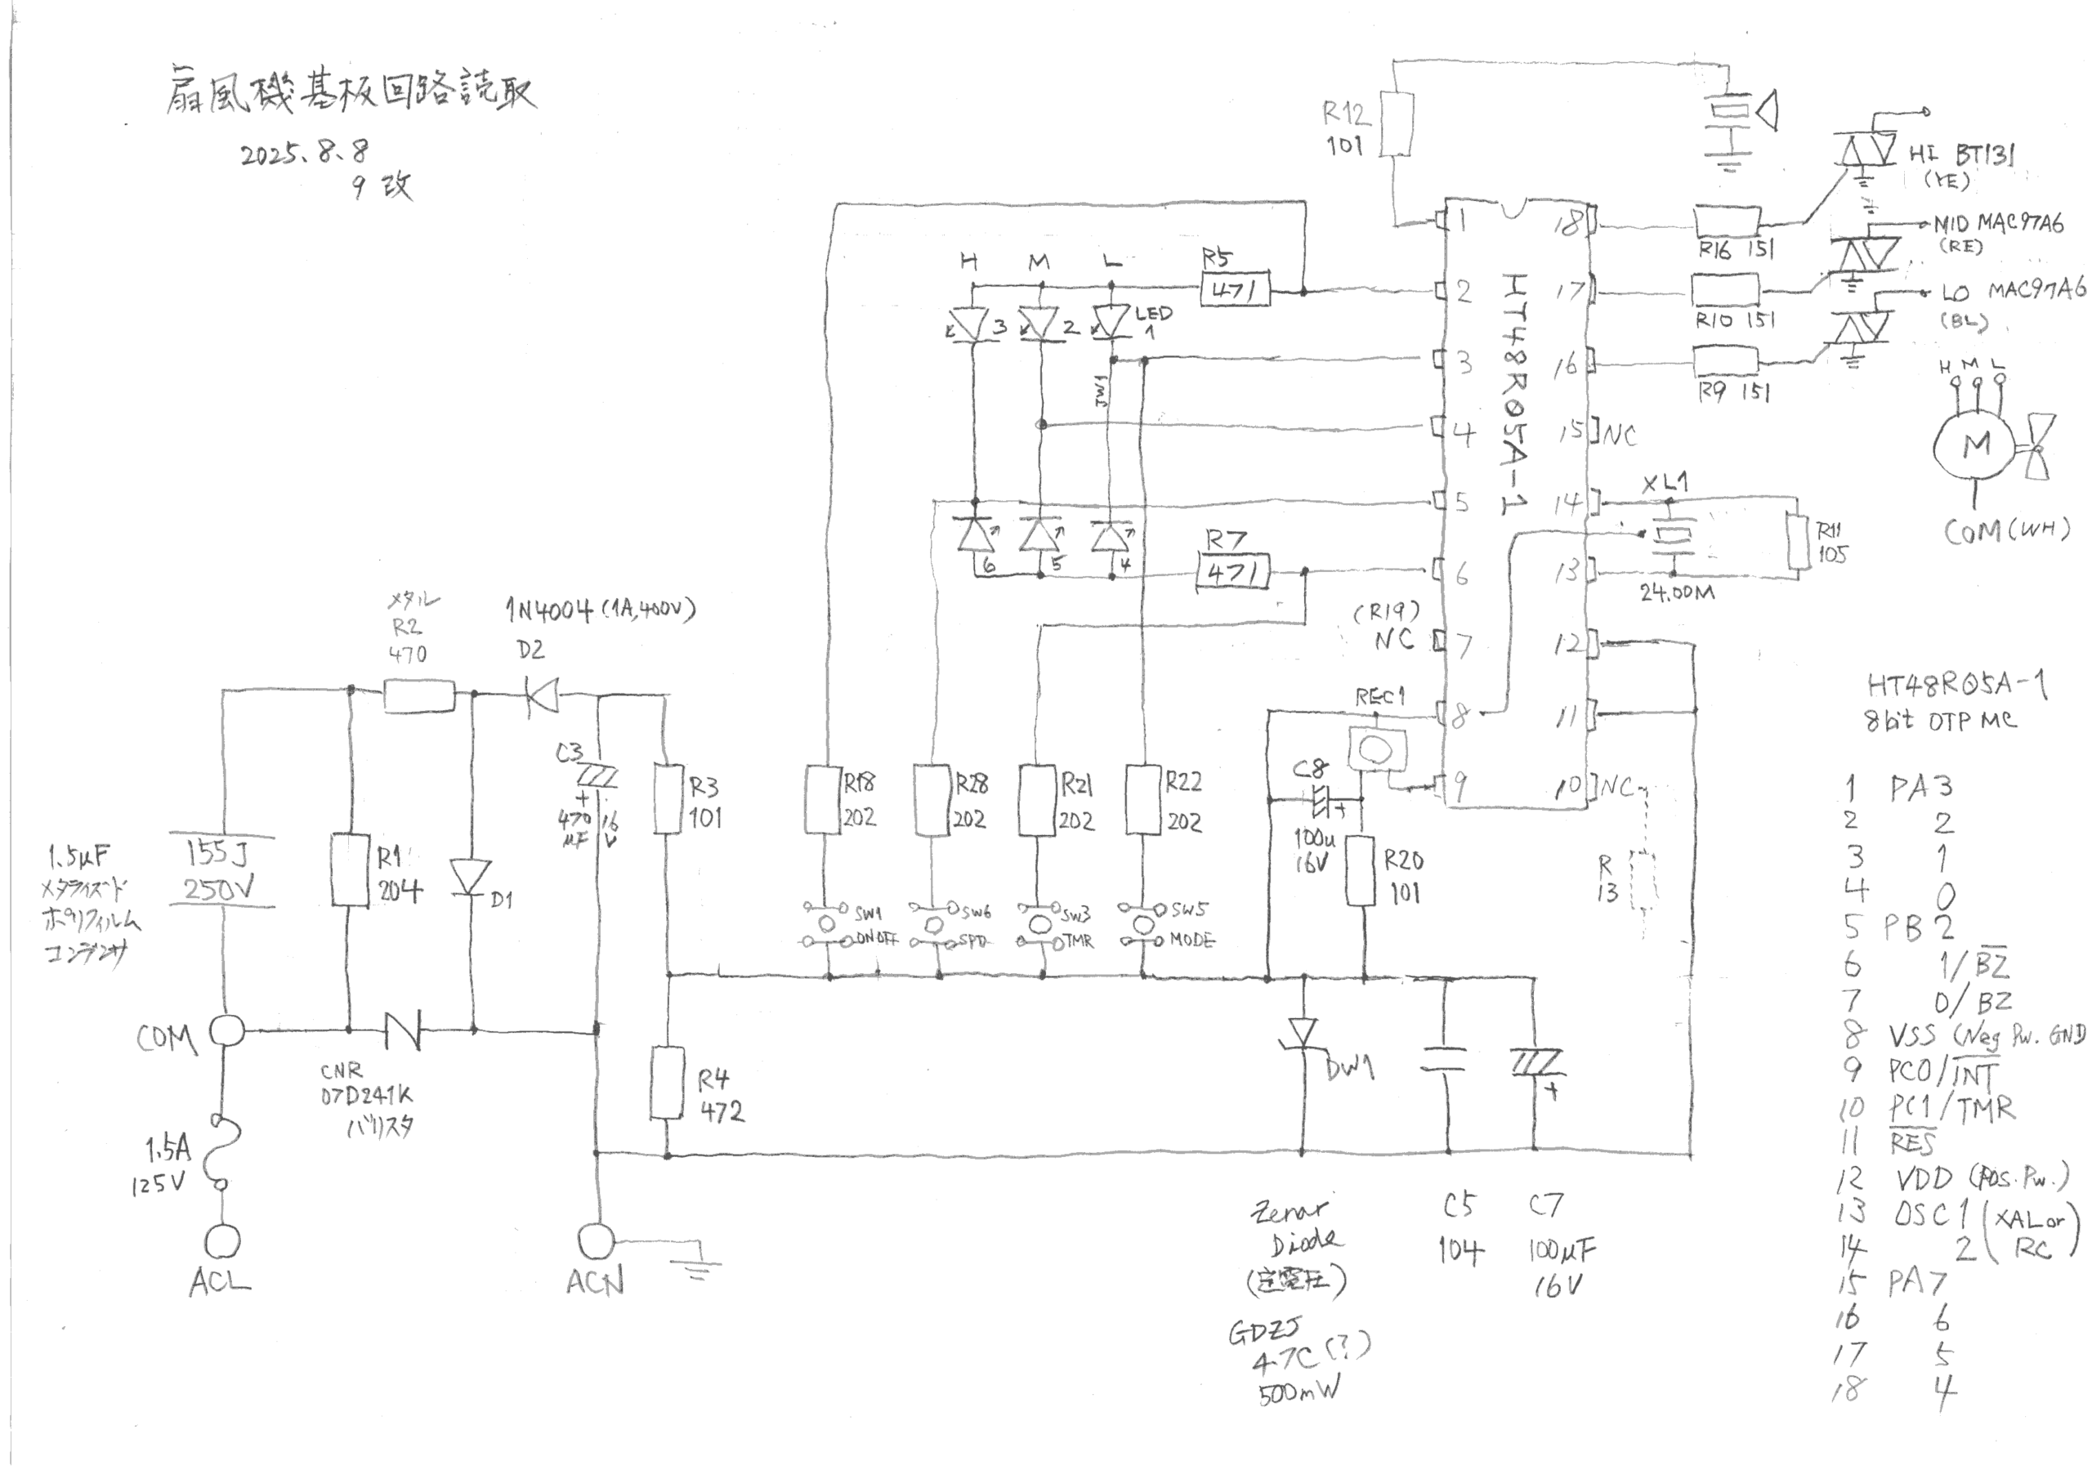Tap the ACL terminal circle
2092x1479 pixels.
(x=223, y=1241)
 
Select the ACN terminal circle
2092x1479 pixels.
(x=597, y=1240)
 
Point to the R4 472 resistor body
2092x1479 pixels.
(x=668, y=1083)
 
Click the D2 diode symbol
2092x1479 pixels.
(x=544, y=698)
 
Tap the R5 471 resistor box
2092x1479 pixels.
(x=1235, y=291)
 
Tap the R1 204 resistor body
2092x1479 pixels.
(x=349, y=869)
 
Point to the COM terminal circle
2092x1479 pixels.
(x=227, y=1031)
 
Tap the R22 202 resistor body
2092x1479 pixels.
(x=1144, y=799)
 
